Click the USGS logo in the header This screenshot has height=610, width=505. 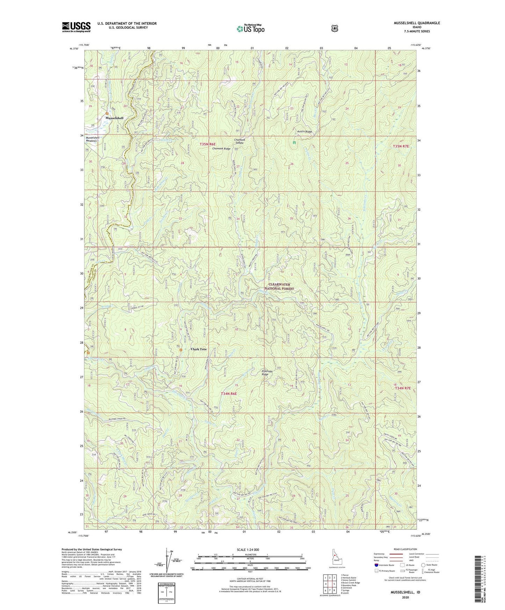click(x=76, y=27)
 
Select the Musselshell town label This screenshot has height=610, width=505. click(x=114, y=118)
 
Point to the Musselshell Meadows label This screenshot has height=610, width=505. click(x=93, y=139)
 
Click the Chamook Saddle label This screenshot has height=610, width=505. click(x=239, y=141)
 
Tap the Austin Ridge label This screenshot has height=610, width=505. click(x=304, y=132)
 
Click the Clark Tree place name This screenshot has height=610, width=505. click(x=199, y=349)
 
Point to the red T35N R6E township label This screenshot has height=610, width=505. click(x=208, y=144)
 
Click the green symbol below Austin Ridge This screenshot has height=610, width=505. click(x=294, y=143)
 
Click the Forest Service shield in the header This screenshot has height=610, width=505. click(x=335, y=28)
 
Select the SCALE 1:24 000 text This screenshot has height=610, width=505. click(x=248, y=550)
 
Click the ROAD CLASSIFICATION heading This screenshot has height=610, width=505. click(x=405, y=549)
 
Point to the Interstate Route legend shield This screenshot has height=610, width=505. click(x=376, y=565)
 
